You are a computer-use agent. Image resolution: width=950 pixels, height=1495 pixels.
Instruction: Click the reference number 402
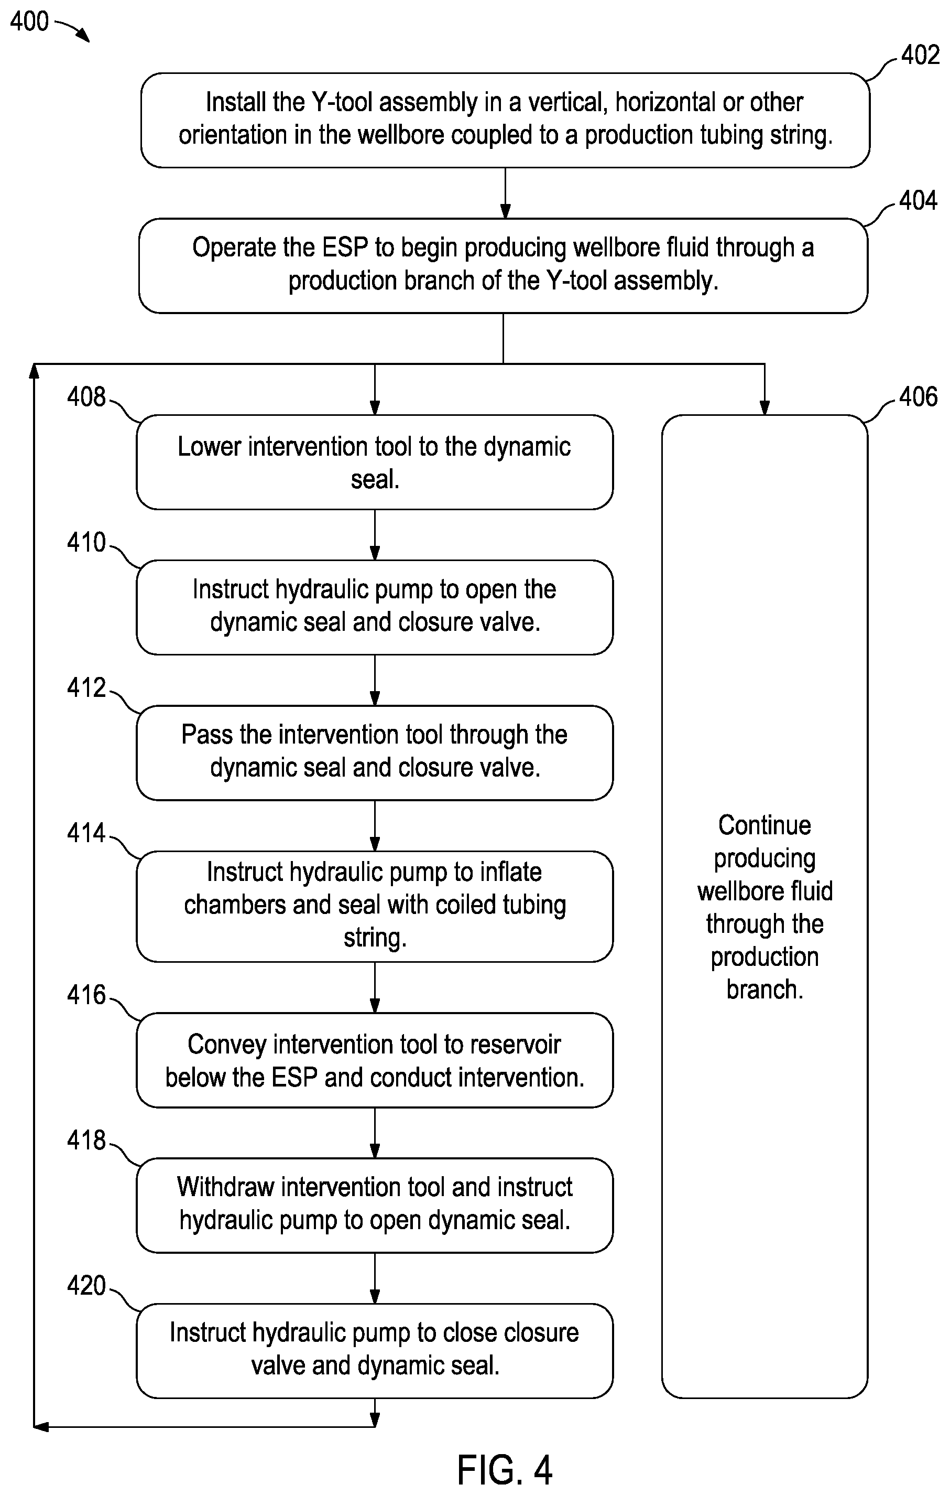pos(920,55)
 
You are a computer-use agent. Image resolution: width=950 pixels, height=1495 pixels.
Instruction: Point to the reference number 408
pos(86,397)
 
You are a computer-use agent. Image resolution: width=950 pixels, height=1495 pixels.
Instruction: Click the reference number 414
pos(86,833)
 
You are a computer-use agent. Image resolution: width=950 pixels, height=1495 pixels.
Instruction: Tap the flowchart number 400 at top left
pos(29,21)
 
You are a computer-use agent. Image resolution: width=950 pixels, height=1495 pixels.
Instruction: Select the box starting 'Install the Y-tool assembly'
pos(505,121)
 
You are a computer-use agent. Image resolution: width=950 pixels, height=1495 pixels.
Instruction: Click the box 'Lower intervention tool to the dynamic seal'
pos(375,463)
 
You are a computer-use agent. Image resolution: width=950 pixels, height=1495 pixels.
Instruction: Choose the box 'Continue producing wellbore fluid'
pos(765,907)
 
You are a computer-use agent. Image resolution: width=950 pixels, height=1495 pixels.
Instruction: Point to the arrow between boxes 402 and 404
pos(505,193)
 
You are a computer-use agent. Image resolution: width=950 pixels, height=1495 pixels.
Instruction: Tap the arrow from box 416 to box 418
pos(375,1133)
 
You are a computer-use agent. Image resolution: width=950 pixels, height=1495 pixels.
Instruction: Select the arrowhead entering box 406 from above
pos(765,407)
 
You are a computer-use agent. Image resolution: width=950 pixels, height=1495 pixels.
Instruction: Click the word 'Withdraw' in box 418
pos(225,1187)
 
